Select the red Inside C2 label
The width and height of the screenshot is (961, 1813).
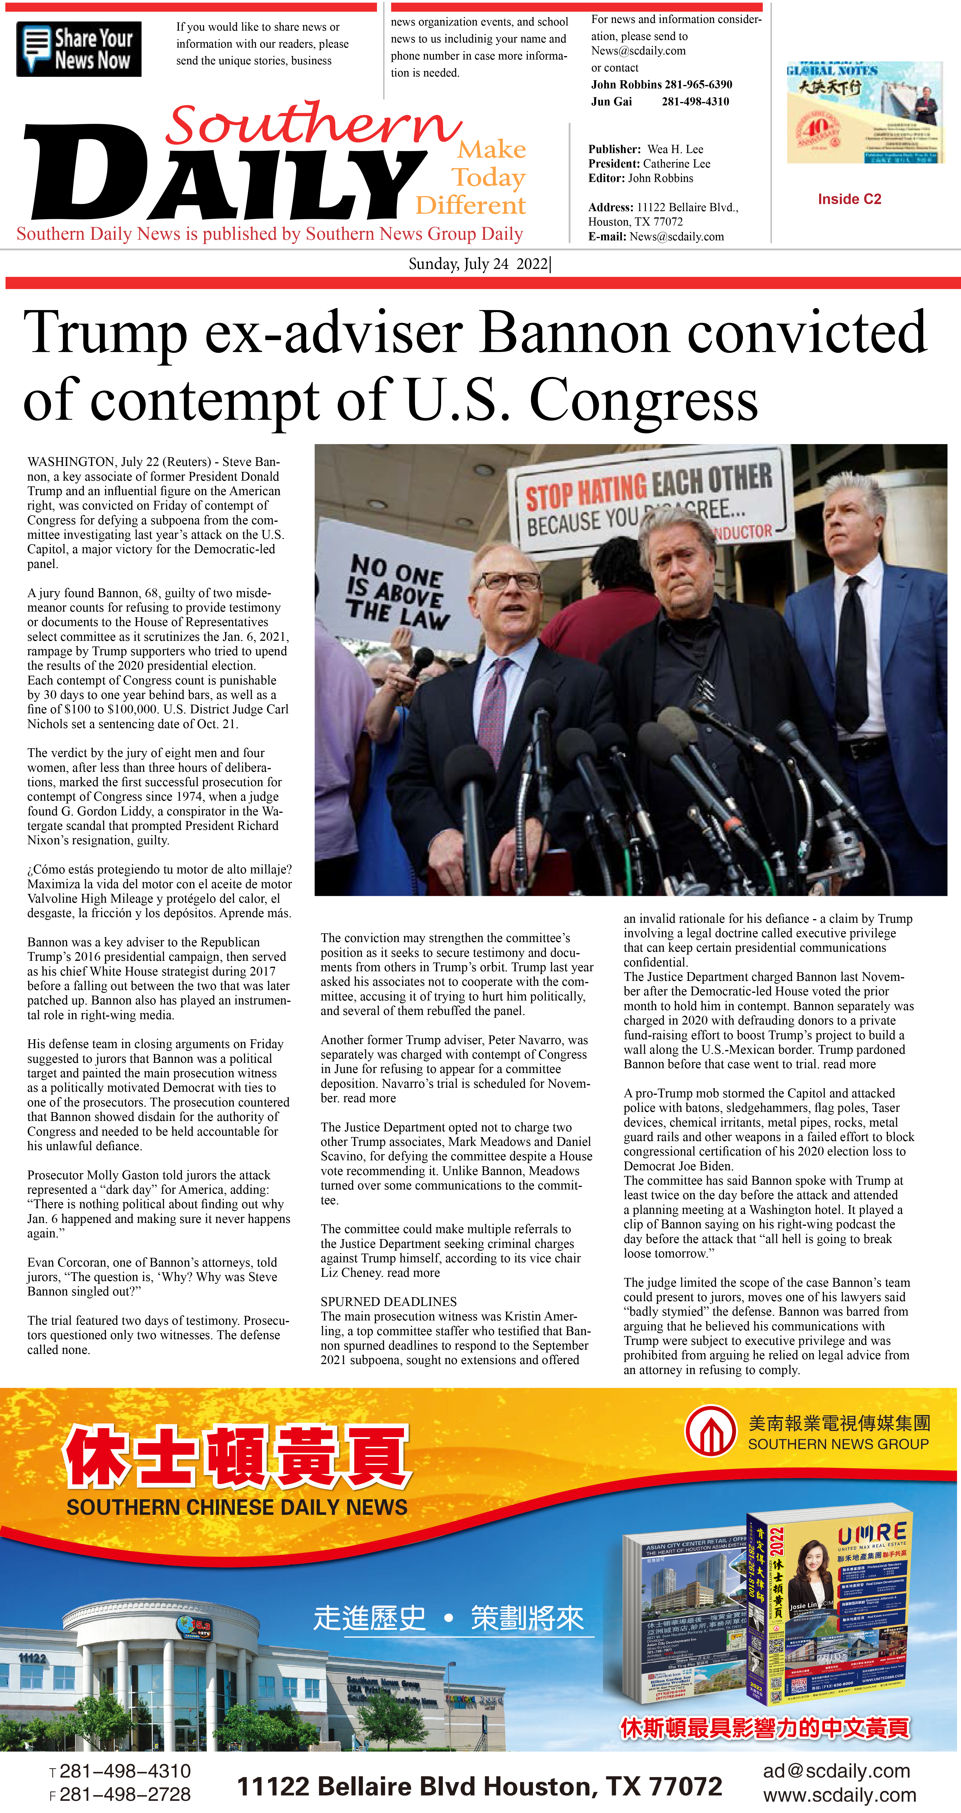point(849,199)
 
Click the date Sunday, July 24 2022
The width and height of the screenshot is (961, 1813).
point(479,264)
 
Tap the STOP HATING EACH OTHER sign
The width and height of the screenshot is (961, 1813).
point(648,496)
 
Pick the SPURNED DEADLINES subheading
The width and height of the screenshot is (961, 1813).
point(389,1301)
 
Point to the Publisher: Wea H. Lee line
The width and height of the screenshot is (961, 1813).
point(645,149)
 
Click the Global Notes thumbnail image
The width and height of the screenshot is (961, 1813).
point(865,113)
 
